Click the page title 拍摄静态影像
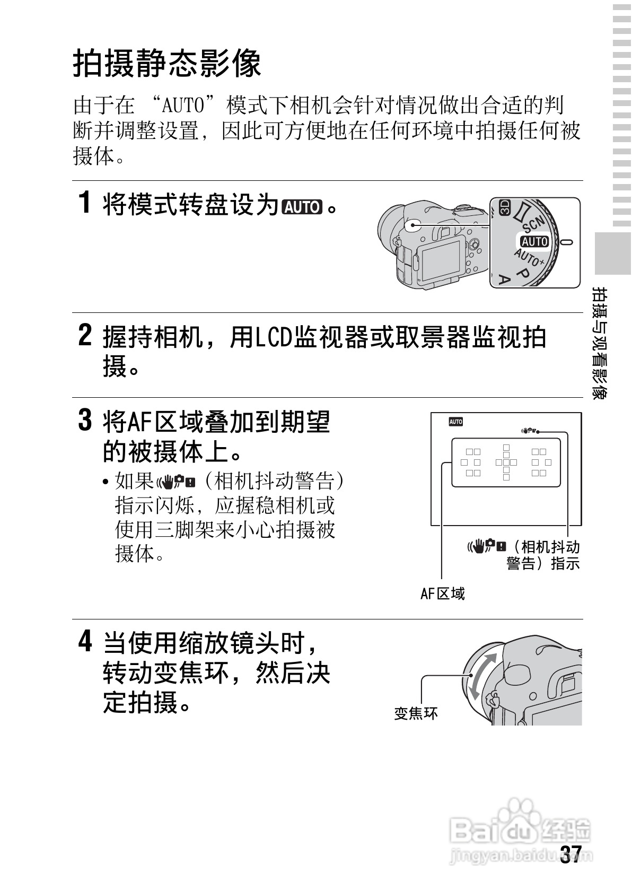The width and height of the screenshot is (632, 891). (167, 64)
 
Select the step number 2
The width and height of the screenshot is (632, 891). (84, 335)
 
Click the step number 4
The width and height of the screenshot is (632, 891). (84, 641)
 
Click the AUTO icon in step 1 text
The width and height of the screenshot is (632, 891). (302, 205)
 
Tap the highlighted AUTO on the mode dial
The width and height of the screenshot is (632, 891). (534, 241)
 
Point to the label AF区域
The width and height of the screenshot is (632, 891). (442, 593)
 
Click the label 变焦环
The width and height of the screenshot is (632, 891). (416, 713)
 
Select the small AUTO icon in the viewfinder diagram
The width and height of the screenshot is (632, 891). (455, 422)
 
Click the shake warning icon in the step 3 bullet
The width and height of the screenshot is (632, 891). (177, 482)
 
